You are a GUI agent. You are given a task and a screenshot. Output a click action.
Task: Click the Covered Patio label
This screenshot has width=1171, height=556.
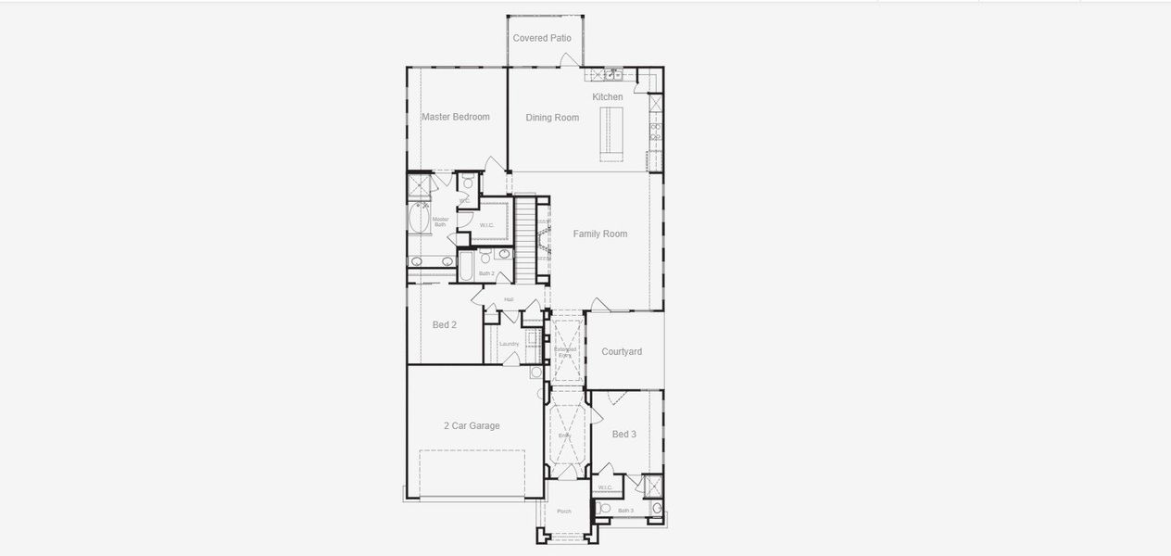(542, 38)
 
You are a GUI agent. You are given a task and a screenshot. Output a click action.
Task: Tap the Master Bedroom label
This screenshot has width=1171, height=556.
(455, 117)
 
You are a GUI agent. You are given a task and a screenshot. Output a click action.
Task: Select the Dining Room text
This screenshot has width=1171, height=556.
(552, 118)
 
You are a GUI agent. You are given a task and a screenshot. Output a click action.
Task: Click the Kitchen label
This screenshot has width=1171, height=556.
(608, 96)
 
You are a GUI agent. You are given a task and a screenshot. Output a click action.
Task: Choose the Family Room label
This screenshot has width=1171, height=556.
(599, 234)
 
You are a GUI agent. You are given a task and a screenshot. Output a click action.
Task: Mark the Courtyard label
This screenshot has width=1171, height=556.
(622, 351)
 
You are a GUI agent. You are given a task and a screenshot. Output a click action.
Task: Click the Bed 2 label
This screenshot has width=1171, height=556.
(445, 324)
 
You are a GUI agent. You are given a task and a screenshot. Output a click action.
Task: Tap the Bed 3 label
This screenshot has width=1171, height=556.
(624, 434)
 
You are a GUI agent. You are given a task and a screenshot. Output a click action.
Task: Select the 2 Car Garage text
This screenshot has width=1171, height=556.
(472, 425)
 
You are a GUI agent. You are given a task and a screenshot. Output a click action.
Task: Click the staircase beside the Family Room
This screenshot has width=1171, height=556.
(525, 242)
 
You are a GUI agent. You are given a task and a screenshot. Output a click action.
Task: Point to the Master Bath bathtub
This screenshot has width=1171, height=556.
(417, 221)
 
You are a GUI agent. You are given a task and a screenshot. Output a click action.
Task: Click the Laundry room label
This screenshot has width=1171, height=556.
(509, 344)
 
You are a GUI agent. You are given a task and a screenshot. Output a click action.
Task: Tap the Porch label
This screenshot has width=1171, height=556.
(563, 512)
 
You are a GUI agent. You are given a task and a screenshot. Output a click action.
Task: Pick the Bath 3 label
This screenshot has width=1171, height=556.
(626, 511)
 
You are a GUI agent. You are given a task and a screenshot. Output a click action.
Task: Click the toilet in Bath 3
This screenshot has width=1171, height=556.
(604, 508)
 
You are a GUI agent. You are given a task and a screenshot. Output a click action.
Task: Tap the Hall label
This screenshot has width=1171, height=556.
(509, 299)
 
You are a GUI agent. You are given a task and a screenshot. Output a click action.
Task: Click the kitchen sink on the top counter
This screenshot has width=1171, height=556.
(612, 73)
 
